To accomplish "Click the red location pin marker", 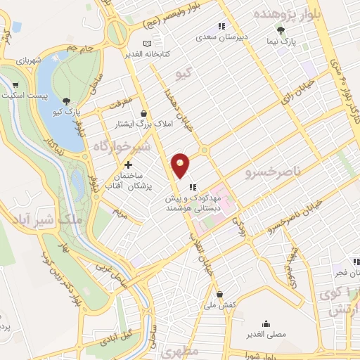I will (181, 165).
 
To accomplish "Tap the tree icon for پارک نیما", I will (281, 30).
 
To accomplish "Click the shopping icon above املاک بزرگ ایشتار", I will (144, 113).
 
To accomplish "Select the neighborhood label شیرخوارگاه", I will (120, 146).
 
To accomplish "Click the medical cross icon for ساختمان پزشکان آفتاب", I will (127, 164).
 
